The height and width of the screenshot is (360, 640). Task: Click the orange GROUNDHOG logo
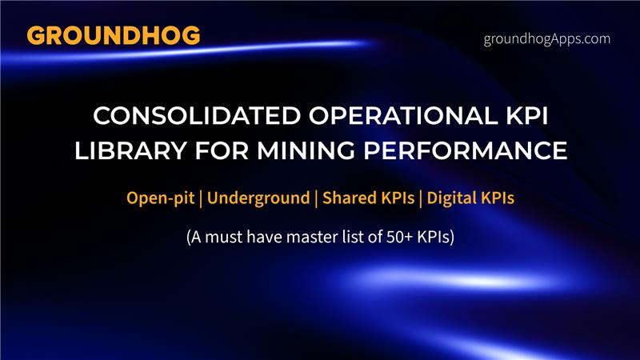point(113,36)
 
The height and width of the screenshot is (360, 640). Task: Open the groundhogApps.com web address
point(547,38)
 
